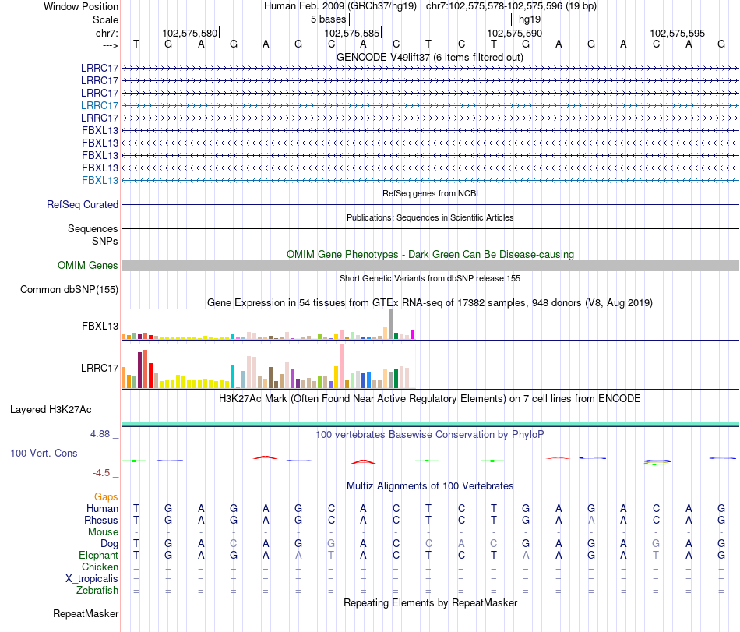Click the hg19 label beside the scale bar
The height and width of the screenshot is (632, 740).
tap(530, 19)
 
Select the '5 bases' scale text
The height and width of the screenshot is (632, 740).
tap(328, 19)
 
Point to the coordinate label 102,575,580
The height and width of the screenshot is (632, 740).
tap(190, 33)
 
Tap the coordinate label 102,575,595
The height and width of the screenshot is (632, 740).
tap(677, 33)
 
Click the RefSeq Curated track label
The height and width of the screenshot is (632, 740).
tap(83, 205)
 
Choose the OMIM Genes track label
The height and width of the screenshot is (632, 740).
tap(88, 266)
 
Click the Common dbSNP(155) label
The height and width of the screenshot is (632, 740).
tap(69, 290)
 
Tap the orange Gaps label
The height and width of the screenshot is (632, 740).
tap(106, 496)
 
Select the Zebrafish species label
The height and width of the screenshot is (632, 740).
tap(97, 591)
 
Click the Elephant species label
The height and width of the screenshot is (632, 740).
tap(98, 555)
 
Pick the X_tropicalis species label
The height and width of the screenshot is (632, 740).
tap(92, 579)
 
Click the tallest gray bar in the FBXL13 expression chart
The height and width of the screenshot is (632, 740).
tap(391, 324)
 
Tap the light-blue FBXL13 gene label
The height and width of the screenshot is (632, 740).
tap(100, 180)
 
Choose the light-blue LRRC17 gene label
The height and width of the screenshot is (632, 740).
tap(100, 105)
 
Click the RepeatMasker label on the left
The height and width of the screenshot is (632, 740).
tap(86, 614)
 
